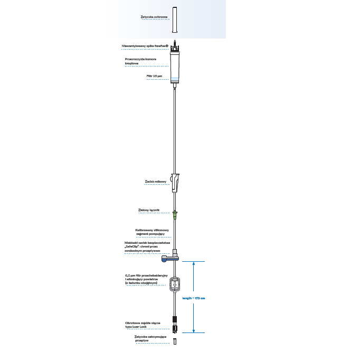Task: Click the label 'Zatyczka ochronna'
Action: pos(154,17)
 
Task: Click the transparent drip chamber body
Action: pos(175,66)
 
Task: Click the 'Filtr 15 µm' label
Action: pos(155,77)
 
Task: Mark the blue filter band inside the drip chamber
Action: pos(175,80)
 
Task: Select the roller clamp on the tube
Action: pos(175,183)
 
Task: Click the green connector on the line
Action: pos(175,214)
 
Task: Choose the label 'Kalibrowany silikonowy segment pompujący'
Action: pos(151,232)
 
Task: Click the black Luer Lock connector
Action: pos(175,321)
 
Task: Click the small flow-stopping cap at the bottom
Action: pos(175,342)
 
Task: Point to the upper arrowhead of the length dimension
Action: pos(194,263)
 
